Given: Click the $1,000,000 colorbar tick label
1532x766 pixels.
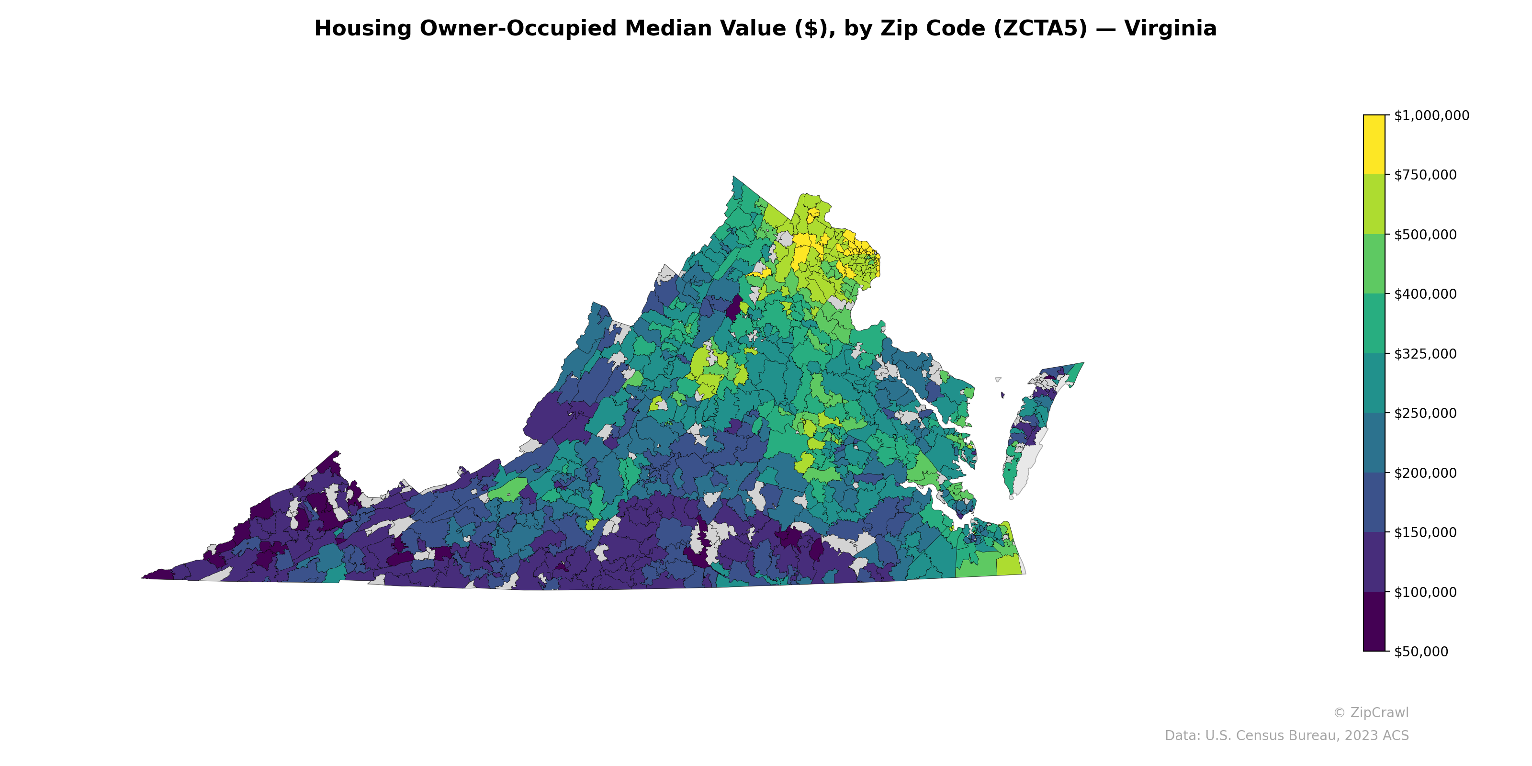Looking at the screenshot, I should click(x=1431, y=115).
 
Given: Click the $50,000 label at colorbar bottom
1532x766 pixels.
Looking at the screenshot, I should click(x=1421, y=652).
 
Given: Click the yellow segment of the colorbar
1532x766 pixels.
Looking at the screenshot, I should click(x=1374, y=145).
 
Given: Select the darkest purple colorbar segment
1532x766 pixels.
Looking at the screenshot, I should click(x=1374, y=621).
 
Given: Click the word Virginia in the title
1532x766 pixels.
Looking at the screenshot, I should click(x=1171, y=29).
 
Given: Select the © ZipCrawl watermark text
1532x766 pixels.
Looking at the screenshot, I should click(x=1370, y=712).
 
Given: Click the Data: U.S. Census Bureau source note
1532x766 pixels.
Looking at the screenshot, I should click(x=1286, y=736).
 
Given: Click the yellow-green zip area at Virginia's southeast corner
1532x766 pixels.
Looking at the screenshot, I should click(x=1009, y=565).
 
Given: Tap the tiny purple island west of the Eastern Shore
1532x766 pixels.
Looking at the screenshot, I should click(x=1003, y=394).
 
